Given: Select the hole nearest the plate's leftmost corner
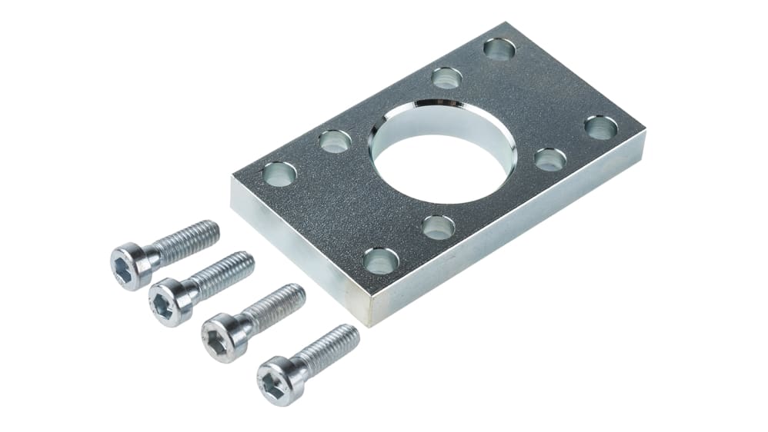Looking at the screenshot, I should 279,174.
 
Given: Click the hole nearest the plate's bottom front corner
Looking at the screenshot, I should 381,261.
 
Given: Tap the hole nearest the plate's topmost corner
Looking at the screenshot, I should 499,49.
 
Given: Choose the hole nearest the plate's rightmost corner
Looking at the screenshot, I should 600,128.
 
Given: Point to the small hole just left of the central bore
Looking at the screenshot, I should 335,141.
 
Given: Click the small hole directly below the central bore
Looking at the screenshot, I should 438,227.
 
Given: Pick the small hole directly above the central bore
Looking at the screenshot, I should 446,78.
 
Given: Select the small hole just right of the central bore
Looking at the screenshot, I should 550,159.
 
